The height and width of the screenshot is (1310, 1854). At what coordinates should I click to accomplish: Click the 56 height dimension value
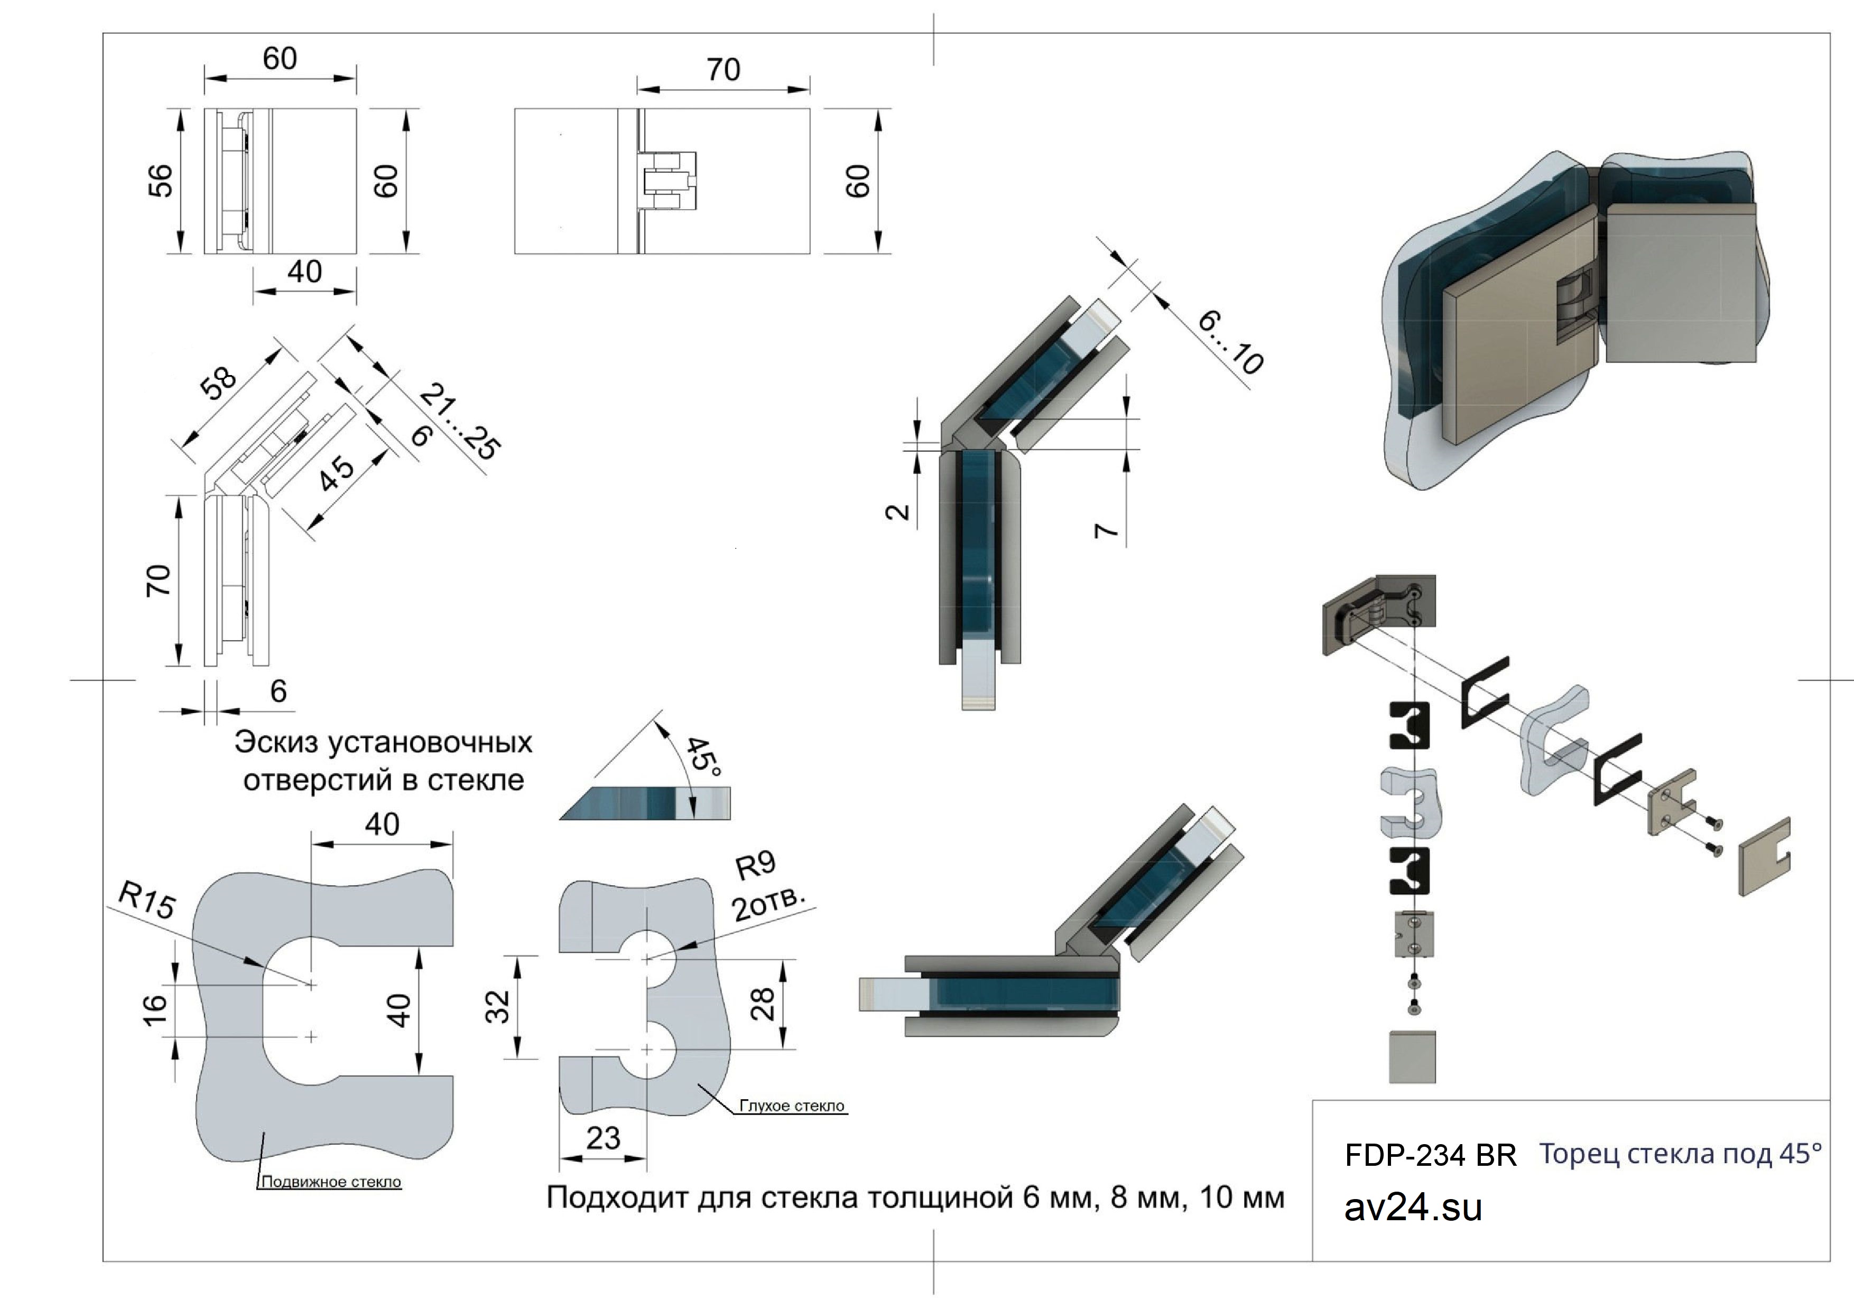(162, 180)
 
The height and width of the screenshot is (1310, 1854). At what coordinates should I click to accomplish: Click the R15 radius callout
(147, 900)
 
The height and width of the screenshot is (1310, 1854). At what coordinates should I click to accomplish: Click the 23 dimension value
(602, 1138)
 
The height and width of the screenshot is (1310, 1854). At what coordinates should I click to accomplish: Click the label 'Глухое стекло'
(791, 1106)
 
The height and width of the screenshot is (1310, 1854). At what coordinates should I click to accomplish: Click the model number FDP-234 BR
(1430, 1156)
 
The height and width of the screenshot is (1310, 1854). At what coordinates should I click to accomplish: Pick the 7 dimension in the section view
(1106, 529)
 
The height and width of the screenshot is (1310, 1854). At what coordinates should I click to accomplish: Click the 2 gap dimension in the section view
(898, 512)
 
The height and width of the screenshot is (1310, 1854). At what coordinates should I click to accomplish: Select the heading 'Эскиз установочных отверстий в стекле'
(384, 761)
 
